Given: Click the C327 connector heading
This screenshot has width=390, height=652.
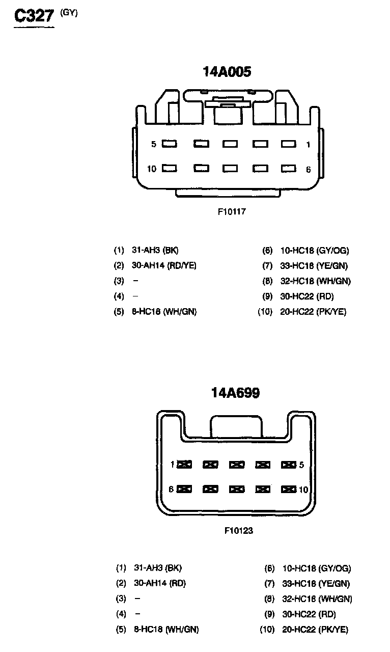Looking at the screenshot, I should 34,16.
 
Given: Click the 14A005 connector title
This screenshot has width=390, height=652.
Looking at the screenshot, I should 227,72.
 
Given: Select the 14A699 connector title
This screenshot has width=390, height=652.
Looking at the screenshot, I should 236,393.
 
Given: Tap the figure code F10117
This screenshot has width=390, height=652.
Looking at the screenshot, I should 232,211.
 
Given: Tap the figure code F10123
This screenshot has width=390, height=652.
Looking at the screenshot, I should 239,530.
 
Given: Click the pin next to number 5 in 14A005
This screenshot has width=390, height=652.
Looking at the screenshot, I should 170,144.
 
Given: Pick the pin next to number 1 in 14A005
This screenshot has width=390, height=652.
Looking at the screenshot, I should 289,144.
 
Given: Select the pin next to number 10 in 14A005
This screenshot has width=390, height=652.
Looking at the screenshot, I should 170,168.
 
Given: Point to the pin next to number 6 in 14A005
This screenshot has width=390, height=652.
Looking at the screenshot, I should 289,168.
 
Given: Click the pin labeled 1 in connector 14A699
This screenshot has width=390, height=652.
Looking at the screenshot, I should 184,465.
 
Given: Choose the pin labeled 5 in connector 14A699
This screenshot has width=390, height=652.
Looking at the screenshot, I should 289,465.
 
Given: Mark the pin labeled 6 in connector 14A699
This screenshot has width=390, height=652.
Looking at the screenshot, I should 184,490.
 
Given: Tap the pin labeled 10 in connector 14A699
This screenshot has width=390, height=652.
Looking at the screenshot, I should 289,490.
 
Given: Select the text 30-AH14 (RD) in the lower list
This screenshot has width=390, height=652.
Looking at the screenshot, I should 160,583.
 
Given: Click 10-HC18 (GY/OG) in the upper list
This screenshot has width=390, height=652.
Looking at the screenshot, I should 315,250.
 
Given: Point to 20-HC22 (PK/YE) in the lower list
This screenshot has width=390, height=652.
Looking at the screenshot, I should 315,630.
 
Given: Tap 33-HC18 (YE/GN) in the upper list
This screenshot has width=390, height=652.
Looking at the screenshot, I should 314,265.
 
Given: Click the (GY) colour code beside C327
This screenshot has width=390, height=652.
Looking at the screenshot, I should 69,13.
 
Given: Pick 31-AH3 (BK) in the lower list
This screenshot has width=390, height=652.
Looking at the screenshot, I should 157,568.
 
